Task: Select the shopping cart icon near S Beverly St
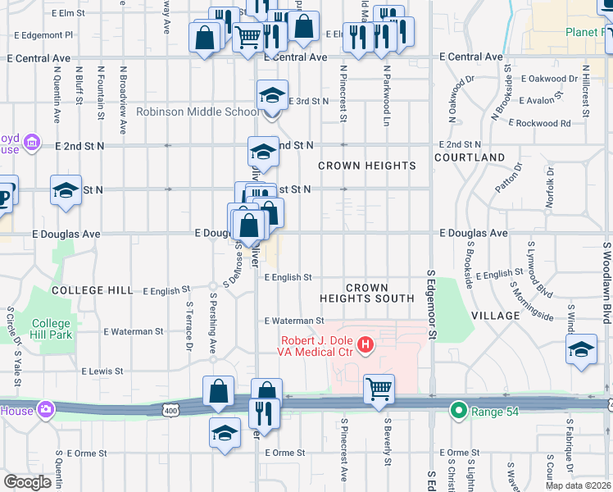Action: pyautogui.click(x=379, y=389)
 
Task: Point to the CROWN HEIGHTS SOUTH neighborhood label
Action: pyautogui.click(x=366, y=293)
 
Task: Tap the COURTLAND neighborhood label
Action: pyautogui.click(x=470, y=157)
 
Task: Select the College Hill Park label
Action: pyautogui.click(x=52, y=329)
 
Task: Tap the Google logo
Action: pyautogui.click(x=28, y=481)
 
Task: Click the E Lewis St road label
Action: pyautogui.click(x=102, y=371)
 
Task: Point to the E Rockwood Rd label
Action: pyautogui.click(x=539, y=123)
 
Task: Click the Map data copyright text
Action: pyautogui.click(x=578, y=485)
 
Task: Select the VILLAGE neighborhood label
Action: pyautogui.click(x=495, y=315)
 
